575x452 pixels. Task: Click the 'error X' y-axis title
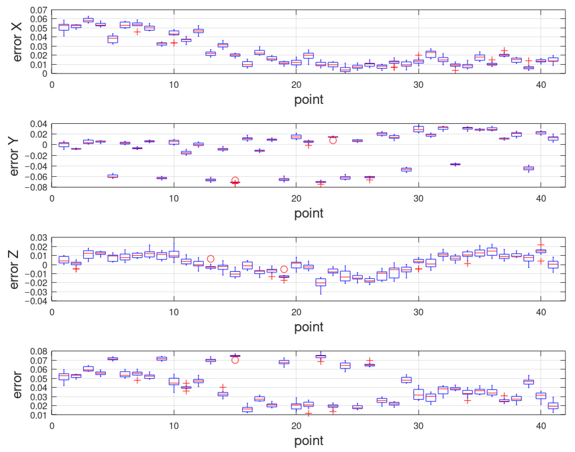tap(17, 42)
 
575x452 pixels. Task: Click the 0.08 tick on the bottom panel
tap(38, 351)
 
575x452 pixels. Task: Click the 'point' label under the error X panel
tap(309, 100)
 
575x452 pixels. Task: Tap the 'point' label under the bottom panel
tap(309, 441)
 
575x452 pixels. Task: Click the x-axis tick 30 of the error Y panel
tap(419, 198)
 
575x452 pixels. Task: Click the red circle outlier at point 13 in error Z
tap(211, 259)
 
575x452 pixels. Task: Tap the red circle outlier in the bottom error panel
tap(235, 360)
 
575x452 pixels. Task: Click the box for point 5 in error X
tap(113, 39)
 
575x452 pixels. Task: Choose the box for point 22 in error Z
tap(321, 282)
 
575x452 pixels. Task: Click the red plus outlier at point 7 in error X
tap(137, 32)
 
